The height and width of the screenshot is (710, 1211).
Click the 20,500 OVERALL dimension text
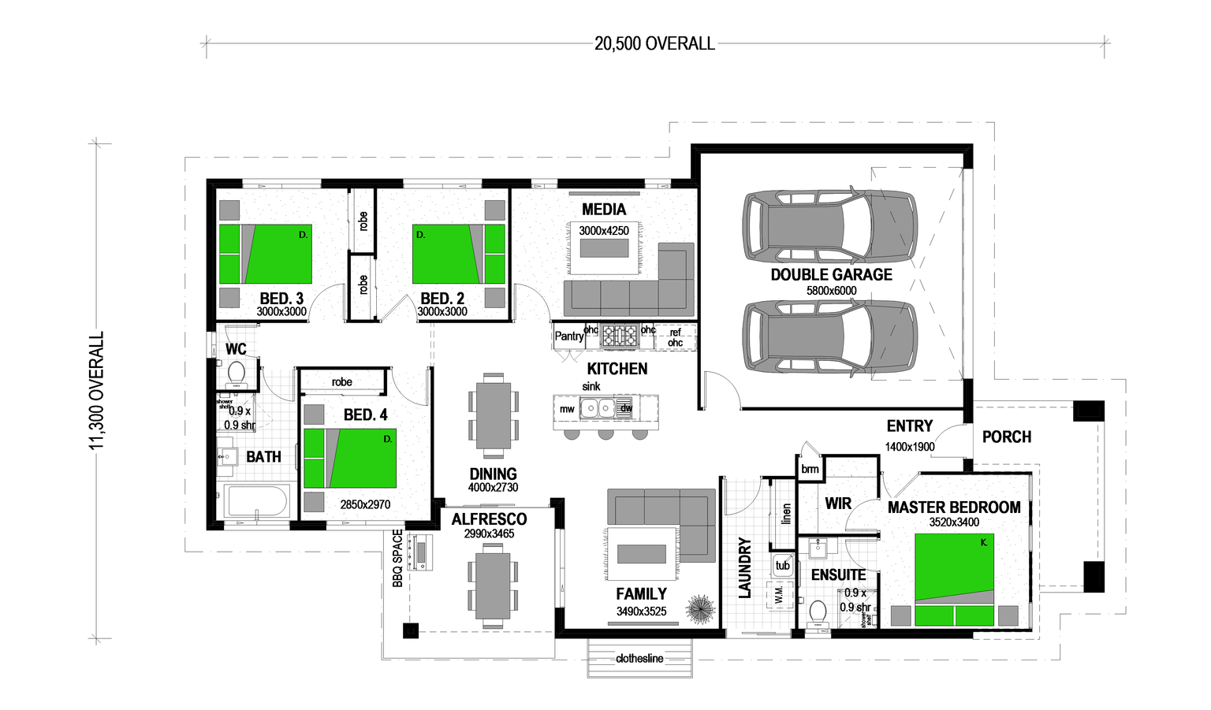[x=654, y=44]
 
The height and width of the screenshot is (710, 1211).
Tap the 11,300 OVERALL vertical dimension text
[x=96, y=391]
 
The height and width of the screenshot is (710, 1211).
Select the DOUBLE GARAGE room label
[x=831, y=275]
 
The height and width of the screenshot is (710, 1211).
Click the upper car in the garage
[x=829, y=225]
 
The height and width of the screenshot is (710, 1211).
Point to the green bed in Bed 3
[x=266, y=254]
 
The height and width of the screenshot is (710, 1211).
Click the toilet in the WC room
[x=236, y=372]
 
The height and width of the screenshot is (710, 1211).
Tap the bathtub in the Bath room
[x=257, y=501]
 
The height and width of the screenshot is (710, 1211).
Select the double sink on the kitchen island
[x=597, y=407]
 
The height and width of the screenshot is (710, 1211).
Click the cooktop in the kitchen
[x=620, y=336]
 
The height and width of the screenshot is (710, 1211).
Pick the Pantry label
[x=568, y=336]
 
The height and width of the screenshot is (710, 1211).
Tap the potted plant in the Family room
[x=699, y=608]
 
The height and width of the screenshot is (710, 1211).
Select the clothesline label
[x=639, y=659]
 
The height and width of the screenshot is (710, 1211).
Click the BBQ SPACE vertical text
[x=398, y=558]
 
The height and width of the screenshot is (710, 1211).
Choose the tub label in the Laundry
[x=782, y=565]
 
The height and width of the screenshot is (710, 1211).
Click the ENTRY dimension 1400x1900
[x=910, y=447]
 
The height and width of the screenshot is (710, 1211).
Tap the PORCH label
[x=1007, y=437]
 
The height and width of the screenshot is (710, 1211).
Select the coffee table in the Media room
[x=604, y=248]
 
